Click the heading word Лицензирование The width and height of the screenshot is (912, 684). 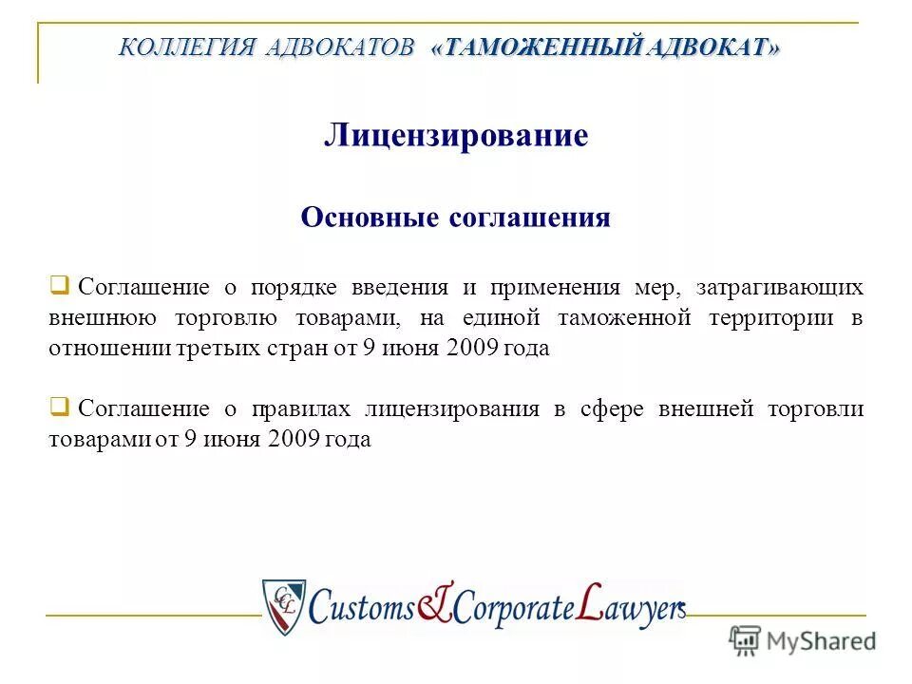[456, 136]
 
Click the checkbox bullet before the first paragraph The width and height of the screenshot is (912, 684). [59, 284]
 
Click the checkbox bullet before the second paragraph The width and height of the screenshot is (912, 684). [59, 408]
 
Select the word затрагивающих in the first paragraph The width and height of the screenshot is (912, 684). [779, 287]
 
